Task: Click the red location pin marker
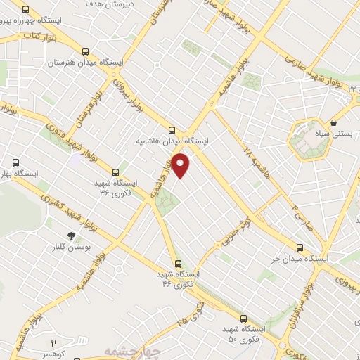[x=181, y=165]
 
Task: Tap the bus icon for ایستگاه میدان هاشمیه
[x=172, y=129]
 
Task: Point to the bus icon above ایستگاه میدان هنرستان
[x=86, y=51]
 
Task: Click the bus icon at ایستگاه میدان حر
[x=301, y=247]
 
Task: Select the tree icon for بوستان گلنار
[x=70, y=236]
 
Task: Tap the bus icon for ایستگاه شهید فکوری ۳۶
[x=115, y=171]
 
